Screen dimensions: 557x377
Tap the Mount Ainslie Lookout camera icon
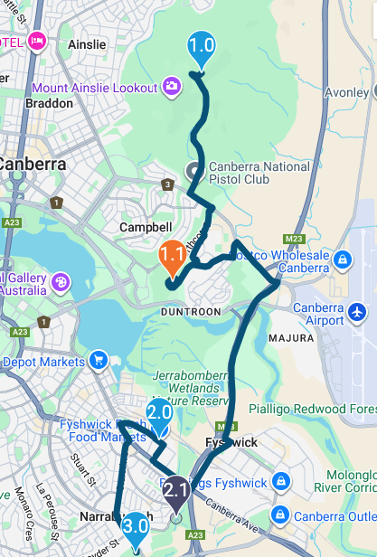click(x=171, y=87)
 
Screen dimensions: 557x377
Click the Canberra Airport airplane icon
click(x=358, y=312)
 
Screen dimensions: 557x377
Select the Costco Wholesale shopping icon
click(x=342, y=261)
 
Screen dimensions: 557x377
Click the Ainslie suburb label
click(x=88, y=43)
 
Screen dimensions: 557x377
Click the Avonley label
click(x=348, y=91)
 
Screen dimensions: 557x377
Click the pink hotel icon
click(x=37, y=41)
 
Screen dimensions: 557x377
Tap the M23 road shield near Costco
click(x=292, y=239)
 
